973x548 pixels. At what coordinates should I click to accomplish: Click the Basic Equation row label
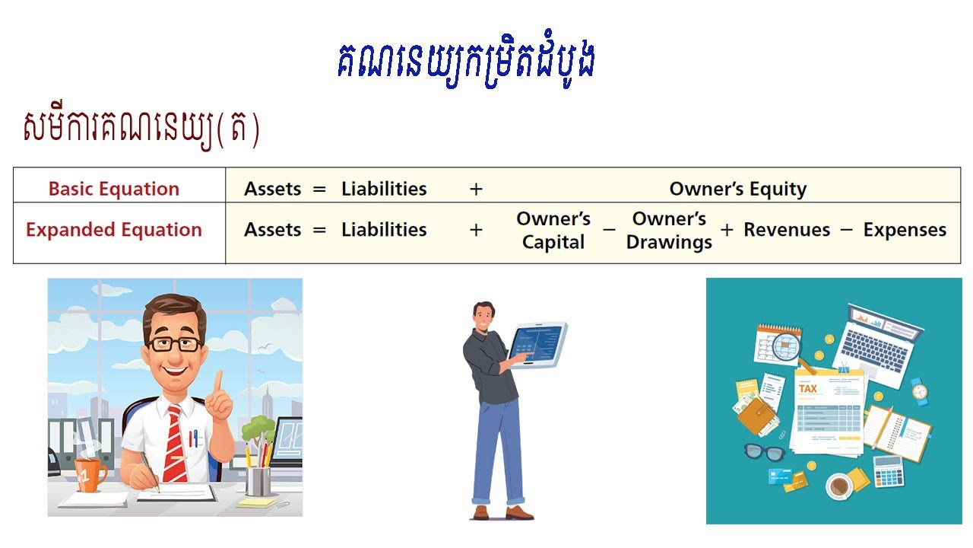pyautogui.click(x=114, y=189)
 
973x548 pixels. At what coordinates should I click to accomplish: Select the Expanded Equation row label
pyautogui.click(x=114, y=230)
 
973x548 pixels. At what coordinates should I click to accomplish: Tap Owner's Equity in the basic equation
pyautogui.click(x=737, y=189)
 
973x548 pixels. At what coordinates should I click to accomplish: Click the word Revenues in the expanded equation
pyautogui.click(x=787, y=230)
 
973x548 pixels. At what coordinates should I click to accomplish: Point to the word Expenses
pyautogui.click(x=905, y=230)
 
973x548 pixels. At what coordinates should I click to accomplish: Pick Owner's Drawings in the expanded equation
pyautogui.click(x=669, y=231)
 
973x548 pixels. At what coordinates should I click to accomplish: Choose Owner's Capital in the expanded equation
pyautogui.click(x=553, y=231)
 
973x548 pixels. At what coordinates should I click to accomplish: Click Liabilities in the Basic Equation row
pyautogui.click(x=384, y=189)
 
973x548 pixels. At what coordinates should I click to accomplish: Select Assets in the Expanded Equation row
pyautogui.click(x=273, y=230)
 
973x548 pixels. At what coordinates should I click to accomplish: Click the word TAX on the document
pyautogui.click(x=808, y=389)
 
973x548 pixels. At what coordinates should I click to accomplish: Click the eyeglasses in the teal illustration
pyautogui.click(x=763, y=451)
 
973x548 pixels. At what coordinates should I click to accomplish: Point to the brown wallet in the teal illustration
pyautogui.click(x=756, y=415)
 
